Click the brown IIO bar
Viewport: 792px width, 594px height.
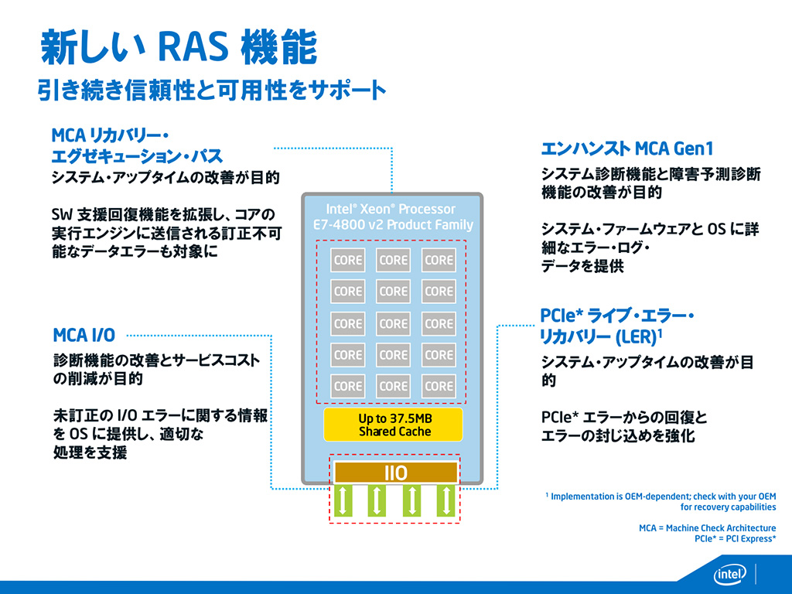click(x=395, y=473)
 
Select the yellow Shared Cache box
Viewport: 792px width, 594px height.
click(x=394, y=425)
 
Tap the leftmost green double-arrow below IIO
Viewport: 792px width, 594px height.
click(x=344, y=500)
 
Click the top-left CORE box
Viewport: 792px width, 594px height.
click(x=348, y=261)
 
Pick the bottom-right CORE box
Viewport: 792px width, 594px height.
click(x=439, y=386)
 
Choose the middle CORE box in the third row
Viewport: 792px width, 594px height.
click(x=394, y=323)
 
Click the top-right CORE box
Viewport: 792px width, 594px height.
click(x=439, y=261)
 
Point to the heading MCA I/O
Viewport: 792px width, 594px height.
click(x=84, y=335)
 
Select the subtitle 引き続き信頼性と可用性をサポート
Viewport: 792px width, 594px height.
click(x=211, y=91)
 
